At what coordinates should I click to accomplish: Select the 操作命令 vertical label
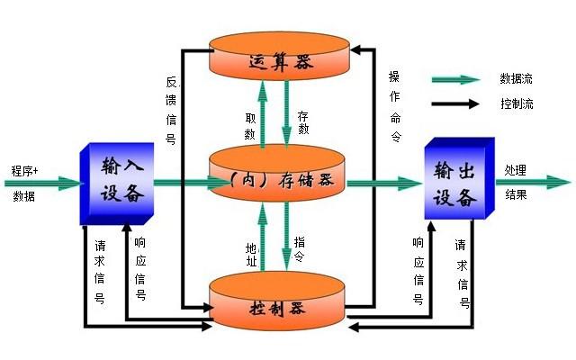point(393,105)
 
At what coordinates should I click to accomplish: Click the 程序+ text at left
point(24,169)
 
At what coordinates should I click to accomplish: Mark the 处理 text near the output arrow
point(516,170)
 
